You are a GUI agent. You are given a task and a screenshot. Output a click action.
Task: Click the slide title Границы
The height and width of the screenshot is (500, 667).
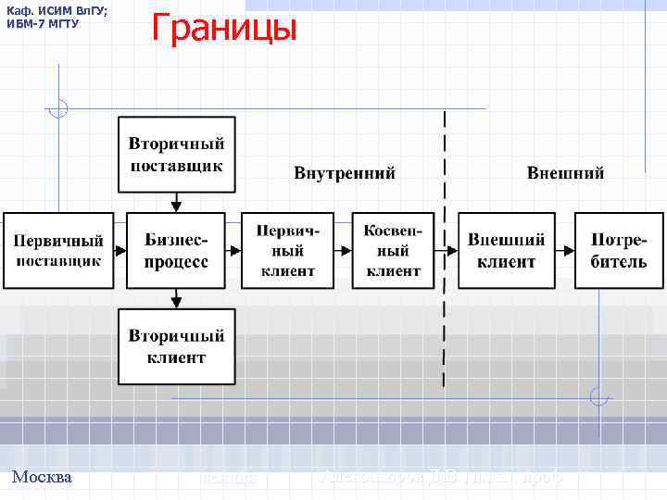[223, 29]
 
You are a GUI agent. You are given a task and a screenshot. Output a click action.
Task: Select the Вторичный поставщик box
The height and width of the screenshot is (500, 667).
[176, 155]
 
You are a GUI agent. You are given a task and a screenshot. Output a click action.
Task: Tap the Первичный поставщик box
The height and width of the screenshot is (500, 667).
[57, 250]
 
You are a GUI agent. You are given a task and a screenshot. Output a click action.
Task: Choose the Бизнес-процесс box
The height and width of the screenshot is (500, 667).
[176, 250]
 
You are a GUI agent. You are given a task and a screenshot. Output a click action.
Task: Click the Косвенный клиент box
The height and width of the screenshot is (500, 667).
[394, 250]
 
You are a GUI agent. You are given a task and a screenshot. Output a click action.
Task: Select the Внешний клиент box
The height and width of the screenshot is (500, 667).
[506, 250]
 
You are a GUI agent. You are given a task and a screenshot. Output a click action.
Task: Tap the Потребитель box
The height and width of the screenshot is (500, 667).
[619, 250]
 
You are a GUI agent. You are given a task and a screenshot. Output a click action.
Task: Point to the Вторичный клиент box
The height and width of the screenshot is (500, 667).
[176, 345]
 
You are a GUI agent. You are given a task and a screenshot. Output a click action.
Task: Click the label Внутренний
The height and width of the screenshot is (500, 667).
[345, 173]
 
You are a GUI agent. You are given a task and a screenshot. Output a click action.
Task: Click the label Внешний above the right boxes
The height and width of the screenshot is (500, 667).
[565, 173]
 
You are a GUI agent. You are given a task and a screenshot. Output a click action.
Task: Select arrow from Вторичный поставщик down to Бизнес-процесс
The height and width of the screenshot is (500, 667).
[176, 202]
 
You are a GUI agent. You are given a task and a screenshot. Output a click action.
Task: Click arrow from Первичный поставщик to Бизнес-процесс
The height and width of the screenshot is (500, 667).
[119, 250]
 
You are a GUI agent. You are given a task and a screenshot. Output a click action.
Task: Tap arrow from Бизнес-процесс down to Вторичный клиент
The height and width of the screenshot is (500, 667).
[176, 298]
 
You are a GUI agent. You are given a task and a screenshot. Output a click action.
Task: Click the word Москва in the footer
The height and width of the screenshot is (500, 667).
[42, 478]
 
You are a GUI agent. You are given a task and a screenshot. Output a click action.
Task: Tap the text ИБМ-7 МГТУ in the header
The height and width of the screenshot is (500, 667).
[44, 23]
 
